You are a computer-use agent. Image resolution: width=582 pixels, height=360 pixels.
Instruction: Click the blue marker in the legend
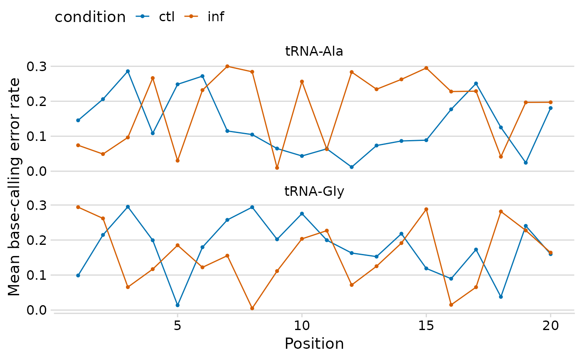(142, 16)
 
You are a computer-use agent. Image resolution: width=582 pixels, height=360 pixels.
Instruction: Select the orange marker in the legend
(191, 16)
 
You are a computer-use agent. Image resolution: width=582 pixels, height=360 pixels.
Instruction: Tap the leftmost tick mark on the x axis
(178, 316)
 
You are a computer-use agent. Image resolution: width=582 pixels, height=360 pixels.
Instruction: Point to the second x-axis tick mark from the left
(302, 316)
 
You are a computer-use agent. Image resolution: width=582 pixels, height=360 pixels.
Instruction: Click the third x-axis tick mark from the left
(426, 316)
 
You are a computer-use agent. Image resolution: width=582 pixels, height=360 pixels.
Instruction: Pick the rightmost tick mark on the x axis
(550, 316)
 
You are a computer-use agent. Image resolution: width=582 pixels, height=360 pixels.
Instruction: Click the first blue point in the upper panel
(78, 120)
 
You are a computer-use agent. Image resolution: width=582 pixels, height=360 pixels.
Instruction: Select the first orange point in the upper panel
(78, 145)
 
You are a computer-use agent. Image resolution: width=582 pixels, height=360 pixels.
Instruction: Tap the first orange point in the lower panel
(78, 207)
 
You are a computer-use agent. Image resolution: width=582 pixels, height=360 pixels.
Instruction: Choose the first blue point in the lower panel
(78, 276)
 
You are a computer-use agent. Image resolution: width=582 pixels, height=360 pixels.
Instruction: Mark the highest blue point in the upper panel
(128, 71)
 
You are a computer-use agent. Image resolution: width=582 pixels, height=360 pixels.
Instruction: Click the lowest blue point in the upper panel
(352, 167)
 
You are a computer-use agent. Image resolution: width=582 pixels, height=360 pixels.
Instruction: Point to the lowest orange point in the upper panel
(277, 168)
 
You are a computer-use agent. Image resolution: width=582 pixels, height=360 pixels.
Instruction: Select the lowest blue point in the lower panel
(178, 305)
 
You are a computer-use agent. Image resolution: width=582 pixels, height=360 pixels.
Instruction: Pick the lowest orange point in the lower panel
(252, 308)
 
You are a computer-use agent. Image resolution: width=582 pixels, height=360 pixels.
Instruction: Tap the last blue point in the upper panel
(550, 108)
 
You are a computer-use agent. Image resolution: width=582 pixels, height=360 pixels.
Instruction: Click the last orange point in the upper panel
(550, 102)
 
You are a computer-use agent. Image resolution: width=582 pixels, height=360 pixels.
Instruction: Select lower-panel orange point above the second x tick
(302, 239)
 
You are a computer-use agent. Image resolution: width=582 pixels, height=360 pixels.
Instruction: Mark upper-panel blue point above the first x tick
(178, 84)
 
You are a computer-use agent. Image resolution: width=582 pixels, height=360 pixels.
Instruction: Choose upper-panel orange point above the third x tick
(426, 68)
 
